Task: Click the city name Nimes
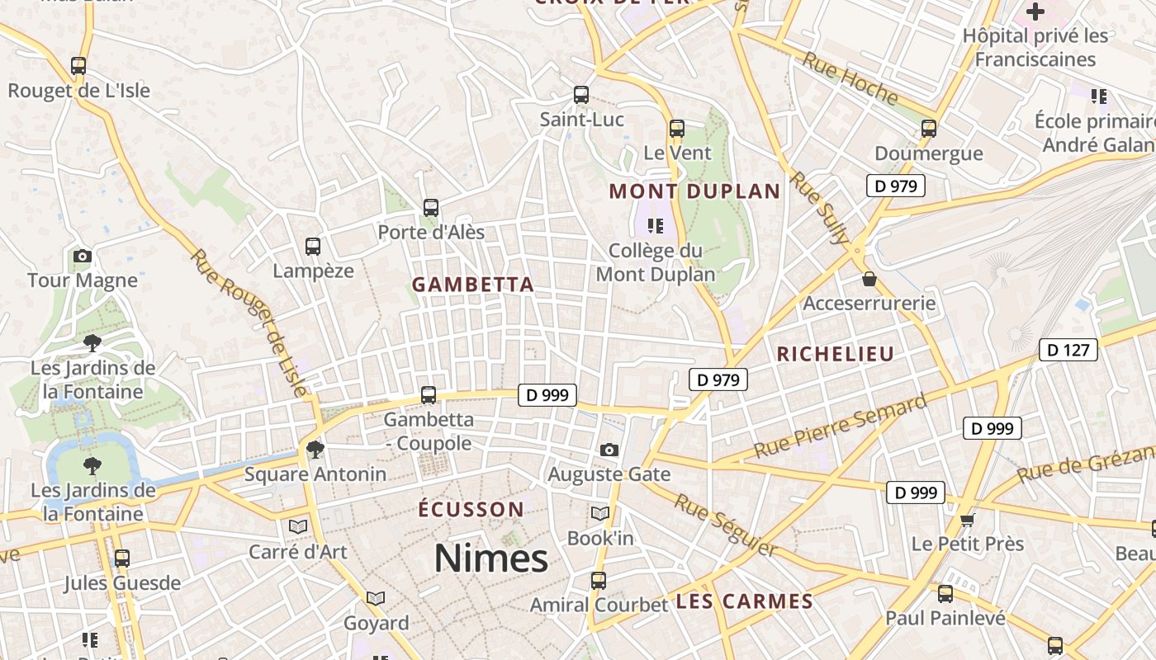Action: click(x=491, y=559)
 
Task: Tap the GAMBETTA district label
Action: click(x=473, y=285)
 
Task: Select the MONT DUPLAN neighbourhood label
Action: click(x=694, y=192)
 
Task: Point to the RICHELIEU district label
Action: click(x=836, y=355)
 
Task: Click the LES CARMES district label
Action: click(x=745, y=601)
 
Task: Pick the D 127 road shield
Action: click(x=1068, y=350)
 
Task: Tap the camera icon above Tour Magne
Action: click(x=82, y=256)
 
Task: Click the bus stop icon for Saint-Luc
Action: click(x=581, y=95)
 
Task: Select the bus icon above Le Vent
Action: click(x=677, y=128)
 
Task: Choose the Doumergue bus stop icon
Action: click(x=929, y=128)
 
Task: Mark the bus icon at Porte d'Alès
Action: click(x=430, y=208)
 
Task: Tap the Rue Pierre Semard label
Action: click(x=841, y=427)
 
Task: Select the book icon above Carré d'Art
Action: click(x=298, y=526)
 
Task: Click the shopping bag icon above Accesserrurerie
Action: click(x=869, y=279)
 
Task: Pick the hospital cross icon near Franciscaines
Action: click(x=1035, y=12)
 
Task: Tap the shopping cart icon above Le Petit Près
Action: click(x=968, y=520)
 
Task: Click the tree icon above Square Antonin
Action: click(x=315, y=449)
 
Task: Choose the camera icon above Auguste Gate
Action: click(x=609, y=450)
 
